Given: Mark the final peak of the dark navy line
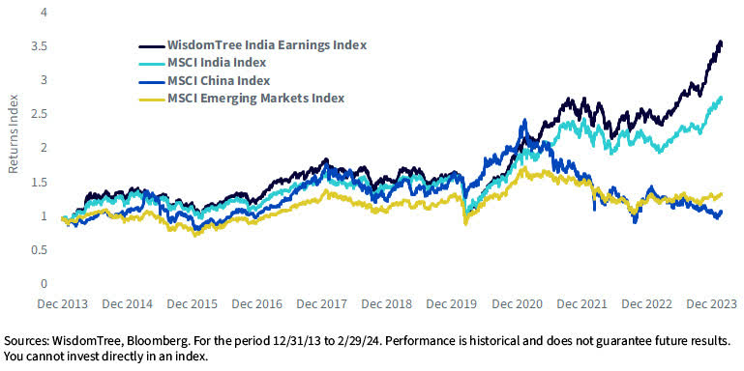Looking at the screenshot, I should [720, 42].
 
